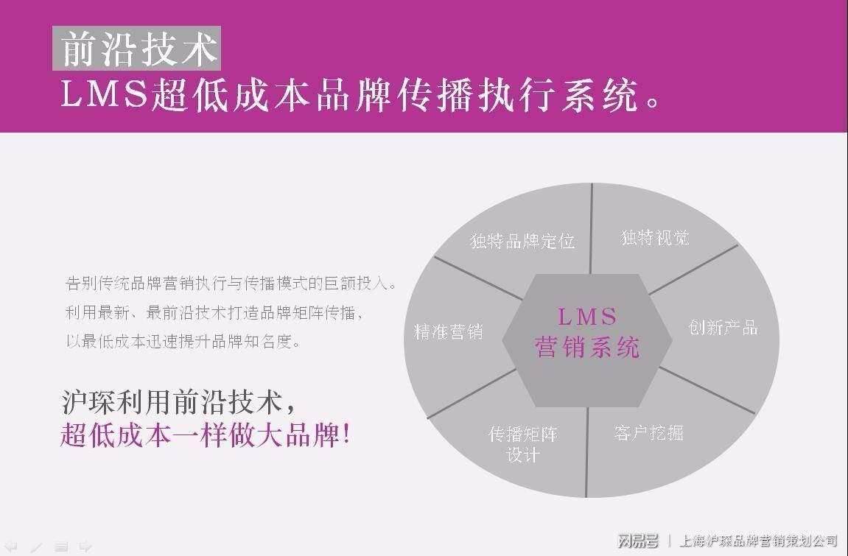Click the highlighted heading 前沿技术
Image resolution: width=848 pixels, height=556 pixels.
137,49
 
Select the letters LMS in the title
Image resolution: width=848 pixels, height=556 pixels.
105,94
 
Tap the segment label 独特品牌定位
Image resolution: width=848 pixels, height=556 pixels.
522,241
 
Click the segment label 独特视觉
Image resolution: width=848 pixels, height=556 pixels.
655,237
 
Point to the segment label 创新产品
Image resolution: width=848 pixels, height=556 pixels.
723,327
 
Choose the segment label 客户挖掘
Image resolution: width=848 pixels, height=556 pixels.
648,432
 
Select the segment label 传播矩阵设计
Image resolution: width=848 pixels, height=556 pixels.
523,444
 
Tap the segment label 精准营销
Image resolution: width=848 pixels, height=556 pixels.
448,332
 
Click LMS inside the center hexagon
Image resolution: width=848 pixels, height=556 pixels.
587,317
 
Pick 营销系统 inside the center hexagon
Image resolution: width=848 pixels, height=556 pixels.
587,347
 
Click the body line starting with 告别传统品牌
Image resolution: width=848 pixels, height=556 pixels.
231,284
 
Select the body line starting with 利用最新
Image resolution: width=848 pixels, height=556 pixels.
214,312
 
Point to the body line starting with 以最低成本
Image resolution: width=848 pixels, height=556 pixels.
183,341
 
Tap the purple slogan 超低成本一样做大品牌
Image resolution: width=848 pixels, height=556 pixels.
199,434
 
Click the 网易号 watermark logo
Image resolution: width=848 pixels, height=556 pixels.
637,541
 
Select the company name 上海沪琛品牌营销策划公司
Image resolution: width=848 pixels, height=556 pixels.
757,541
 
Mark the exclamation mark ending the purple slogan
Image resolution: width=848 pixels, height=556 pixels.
346,434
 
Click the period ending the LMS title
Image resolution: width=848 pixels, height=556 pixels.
651,102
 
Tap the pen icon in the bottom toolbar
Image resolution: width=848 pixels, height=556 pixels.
36,546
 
